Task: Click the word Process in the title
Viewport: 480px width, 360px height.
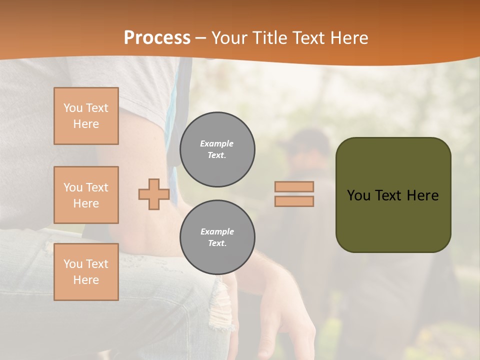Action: (157, 38)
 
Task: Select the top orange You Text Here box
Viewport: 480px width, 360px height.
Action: (86, 116)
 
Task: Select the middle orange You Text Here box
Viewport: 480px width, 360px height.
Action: (86, 195)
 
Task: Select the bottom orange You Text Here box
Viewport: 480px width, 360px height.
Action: (86, 271)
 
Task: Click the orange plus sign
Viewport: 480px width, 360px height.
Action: (154, 194)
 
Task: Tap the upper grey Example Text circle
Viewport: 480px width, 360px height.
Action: (217, 149)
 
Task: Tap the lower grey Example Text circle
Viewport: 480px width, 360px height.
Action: (217, 237)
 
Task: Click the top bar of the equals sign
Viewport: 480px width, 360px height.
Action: (294, 187)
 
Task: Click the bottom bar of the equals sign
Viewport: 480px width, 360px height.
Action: (294, 201)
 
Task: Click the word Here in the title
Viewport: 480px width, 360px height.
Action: (349, 38)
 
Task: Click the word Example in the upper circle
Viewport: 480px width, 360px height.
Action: (217, 143)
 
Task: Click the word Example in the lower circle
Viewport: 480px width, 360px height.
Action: (217, 231)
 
